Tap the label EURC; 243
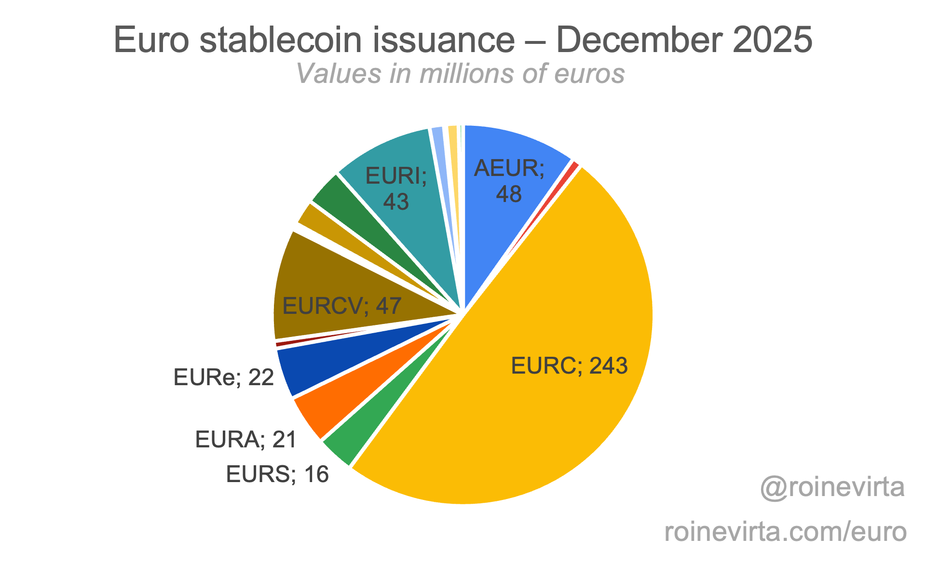[569, 366]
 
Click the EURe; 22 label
[223, 377]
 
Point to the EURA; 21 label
[245, 440]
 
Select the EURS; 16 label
[277, 474]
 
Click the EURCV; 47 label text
[341, 306]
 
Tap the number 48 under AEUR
[509, 194]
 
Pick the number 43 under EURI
[396, 202]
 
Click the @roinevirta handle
[832, 487]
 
